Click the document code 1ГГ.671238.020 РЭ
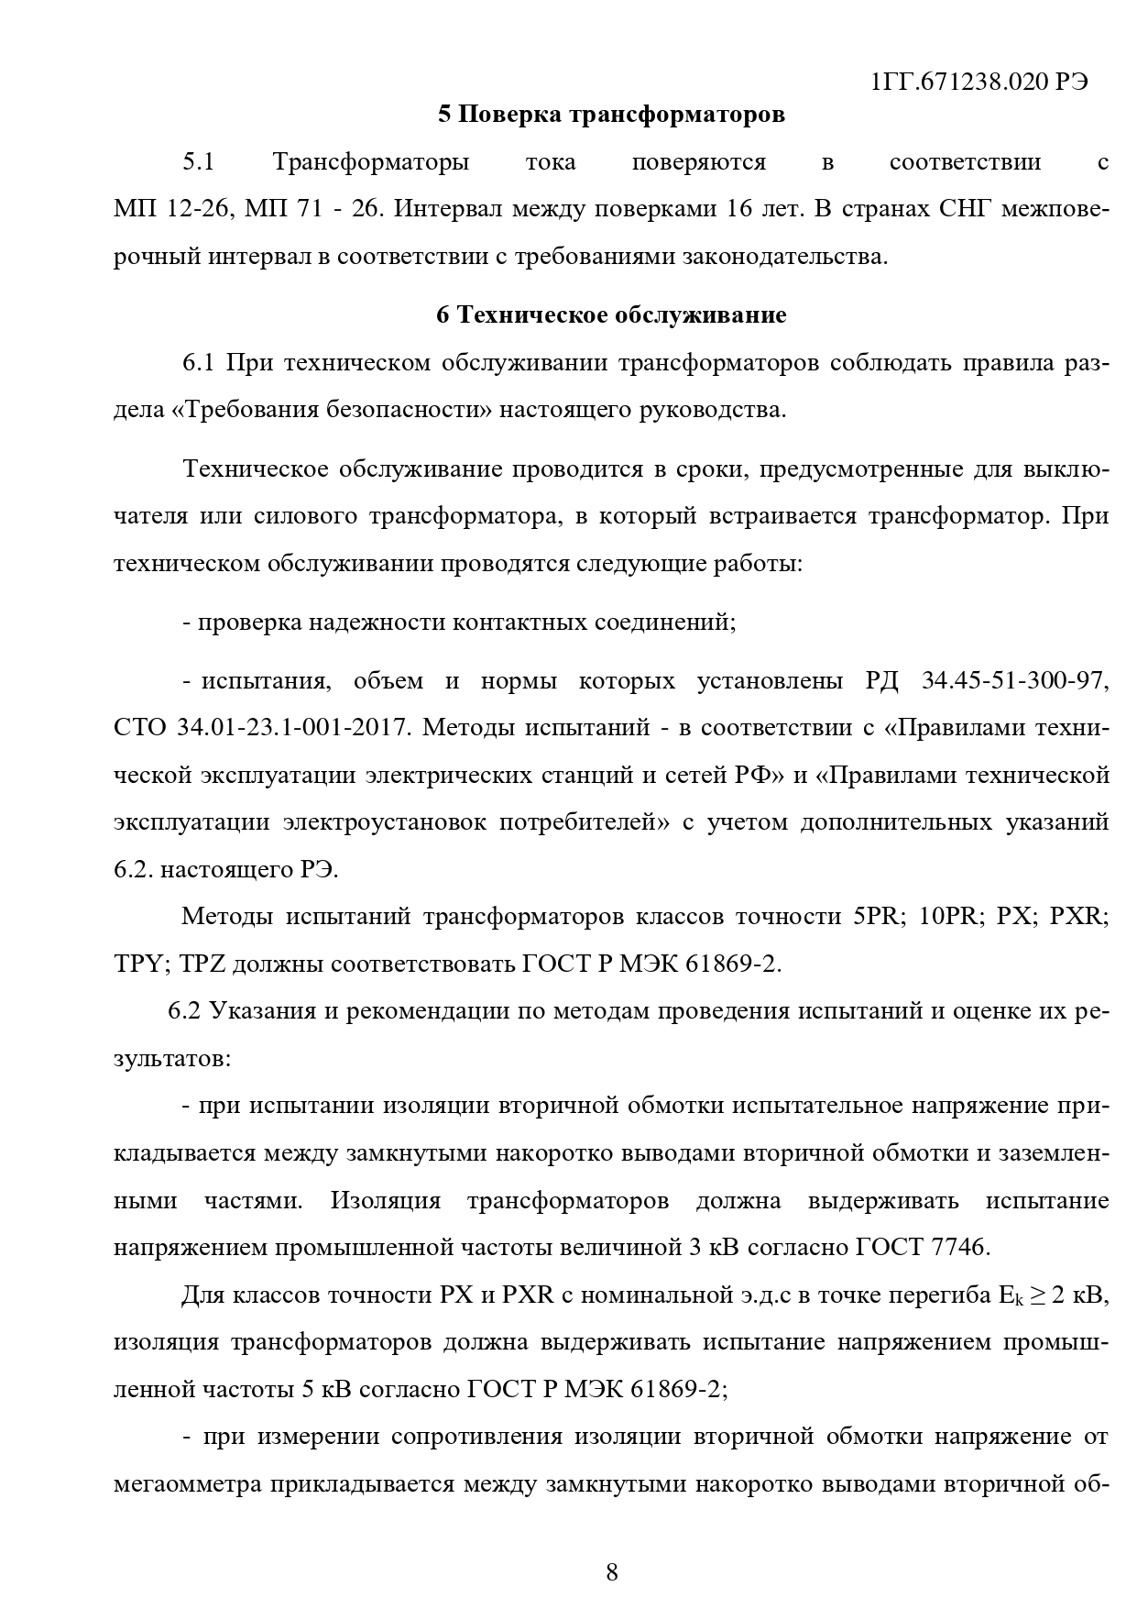[979, 82]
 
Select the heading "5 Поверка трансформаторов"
[611, 115]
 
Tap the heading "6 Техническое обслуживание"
[611, 315]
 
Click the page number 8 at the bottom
[612, 1572]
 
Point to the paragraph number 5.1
[198, 163]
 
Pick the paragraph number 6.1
[198, 363]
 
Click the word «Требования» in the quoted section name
[242, 410]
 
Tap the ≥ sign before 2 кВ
[1039, 1296]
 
